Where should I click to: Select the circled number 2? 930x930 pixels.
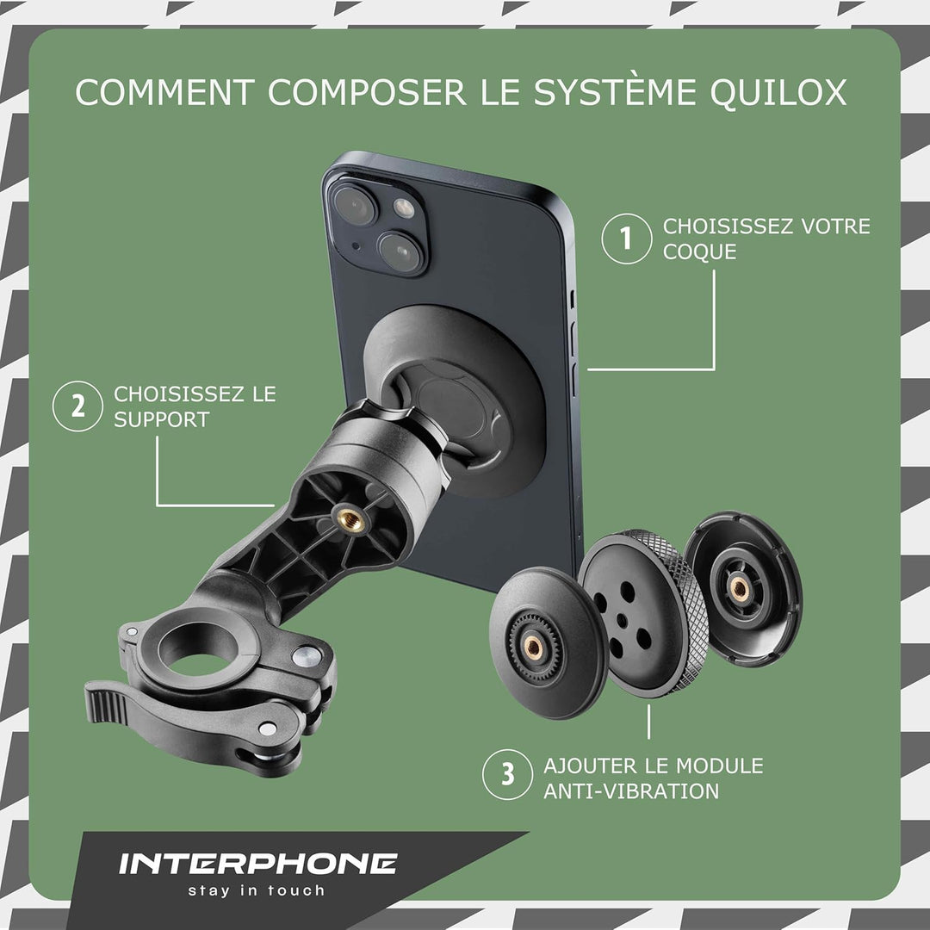(78, 406)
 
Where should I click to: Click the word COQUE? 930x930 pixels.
(700, 251)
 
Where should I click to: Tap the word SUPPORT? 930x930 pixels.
(162, 419)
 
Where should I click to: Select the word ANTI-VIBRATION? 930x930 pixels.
(631, 790)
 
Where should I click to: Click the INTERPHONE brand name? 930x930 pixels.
(257, 864)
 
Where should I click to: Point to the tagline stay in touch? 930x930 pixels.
(257, 891)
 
